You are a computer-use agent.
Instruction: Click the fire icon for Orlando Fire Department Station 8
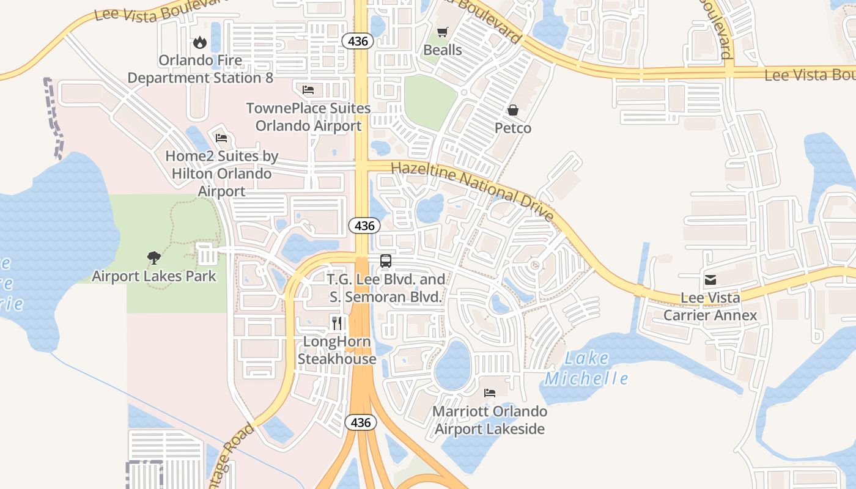tap(199, 42)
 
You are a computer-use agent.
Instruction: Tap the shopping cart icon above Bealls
tap(442, 32)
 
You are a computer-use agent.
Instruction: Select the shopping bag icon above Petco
tap(512, 110)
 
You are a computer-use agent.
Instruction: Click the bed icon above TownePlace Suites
tap(308, 90)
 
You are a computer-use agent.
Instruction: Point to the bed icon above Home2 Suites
tap(221, 138)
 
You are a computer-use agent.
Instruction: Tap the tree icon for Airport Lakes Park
tap(153, 258)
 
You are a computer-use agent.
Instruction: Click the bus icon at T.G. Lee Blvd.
tap(385, 261)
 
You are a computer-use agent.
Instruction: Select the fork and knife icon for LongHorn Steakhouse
tap(336, 323)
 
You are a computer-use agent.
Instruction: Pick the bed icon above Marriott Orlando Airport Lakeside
tap(489, 392)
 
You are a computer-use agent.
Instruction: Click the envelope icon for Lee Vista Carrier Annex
tap(710, 280)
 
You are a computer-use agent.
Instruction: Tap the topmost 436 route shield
tap(357, 41)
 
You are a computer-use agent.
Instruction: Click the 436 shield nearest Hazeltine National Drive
tap(364, 226)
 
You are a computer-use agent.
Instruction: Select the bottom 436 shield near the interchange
tap(361, 422)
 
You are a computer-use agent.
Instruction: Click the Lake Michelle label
tap(586, 369)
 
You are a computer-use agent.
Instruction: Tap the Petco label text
tap(512, 128)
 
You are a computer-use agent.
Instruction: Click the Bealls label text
tap(443, 50)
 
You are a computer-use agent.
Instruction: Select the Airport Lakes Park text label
tap(153, 276)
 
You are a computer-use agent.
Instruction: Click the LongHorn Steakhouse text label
tap(337, 350)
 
